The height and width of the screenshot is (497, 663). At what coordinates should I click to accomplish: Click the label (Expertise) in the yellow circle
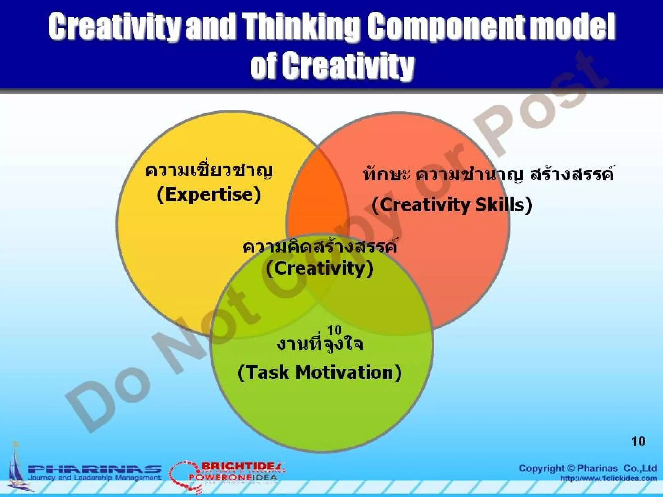(209, 195)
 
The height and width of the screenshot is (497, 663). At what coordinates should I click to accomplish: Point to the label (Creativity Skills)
(452, 205)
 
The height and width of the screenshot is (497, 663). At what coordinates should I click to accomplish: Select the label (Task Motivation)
(320, 373)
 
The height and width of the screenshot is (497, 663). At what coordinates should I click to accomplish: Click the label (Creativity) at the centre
(320, 269)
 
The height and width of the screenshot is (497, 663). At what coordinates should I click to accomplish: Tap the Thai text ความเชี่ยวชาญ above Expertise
(209, 171)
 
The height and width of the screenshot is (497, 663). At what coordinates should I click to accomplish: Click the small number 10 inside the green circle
(334, 330)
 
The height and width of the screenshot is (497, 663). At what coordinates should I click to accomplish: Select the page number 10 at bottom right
(638, 441)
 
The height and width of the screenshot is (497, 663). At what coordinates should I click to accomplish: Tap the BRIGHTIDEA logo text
(243, 466)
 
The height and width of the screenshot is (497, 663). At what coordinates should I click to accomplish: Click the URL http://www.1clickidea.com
(609, 479)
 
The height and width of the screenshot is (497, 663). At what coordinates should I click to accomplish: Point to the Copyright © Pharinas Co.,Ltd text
(588, 468)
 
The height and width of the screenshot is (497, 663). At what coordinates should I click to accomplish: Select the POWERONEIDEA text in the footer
(233, 477)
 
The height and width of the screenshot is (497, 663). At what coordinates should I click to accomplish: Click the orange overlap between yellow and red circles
(316, 194)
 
